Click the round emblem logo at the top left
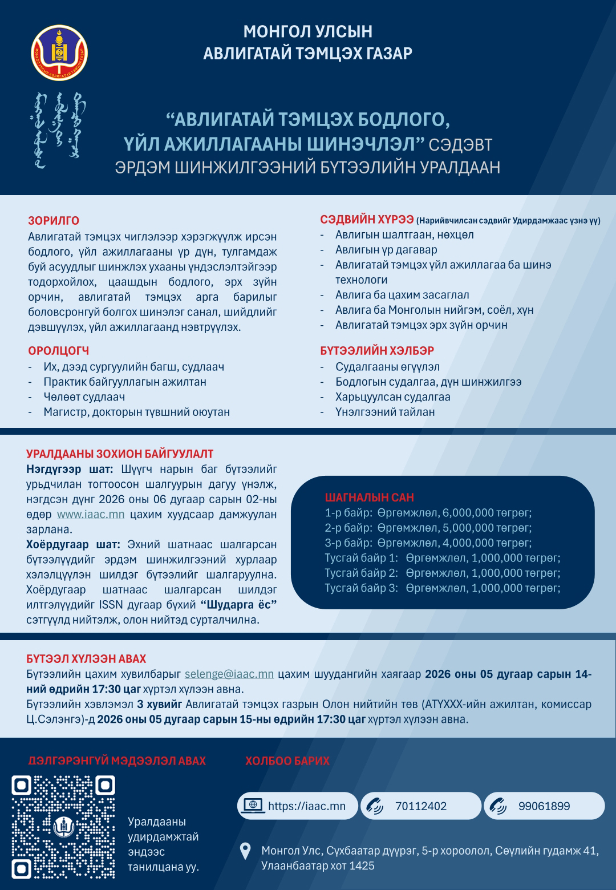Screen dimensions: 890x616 59,52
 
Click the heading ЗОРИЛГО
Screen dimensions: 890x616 54,221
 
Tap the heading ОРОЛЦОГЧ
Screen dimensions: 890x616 59,351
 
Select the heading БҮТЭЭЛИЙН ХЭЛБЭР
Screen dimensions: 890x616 377,351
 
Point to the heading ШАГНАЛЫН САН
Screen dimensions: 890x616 370,497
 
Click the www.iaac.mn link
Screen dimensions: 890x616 91,515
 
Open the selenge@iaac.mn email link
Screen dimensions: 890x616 229,674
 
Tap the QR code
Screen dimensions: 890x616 63,827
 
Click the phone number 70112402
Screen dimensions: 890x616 421,806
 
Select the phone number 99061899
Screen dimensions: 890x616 544,806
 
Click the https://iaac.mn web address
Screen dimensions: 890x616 307,806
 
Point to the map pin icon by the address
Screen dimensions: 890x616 245,851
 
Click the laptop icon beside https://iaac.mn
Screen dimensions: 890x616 253,805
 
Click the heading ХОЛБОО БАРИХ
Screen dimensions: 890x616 287,761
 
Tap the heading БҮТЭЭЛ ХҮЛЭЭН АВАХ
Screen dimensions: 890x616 86,659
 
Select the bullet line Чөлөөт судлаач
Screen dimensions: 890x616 84,397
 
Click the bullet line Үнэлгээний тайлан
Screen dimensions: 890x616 385,412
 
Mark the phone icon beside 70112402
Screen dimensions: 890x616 375,806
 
